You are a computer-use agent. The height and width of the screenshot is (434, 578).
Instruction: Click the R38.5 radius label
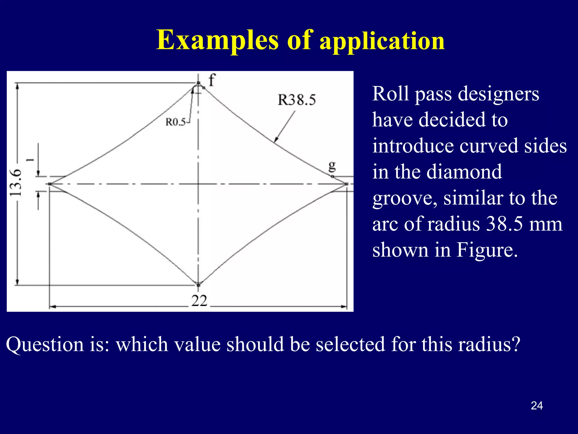click(x=297, y=100)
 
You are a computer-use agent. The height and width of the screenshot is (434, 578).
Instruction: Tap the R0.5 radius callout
click(x=176, y=122)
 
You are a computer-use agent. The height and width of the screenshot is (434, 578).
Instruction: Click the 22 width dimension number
click(x=199, y=301)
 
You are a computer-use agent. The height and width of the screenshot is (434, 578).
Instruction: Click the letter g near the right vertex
click(x=332, y=166)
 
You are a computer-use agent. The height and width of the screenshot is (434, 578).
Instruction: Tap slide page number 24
click(x=537, y=406)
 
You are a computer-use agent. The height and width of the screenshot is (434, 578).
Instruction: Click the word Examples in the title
click(x=218, y=40)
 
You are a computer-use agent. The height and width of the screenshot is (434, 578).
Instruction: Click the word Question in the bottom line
click(x=45, y=344)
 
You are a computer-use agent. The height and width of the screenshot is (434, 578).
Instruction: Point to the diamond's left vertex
click(x=50, y=184)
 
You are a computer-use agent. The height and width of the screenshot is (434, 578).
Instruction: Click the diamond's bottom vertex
click(x=198, y=285)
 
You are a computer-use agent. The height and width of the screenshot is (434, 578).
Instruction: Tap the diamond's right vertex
click(x=347, y=184)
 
